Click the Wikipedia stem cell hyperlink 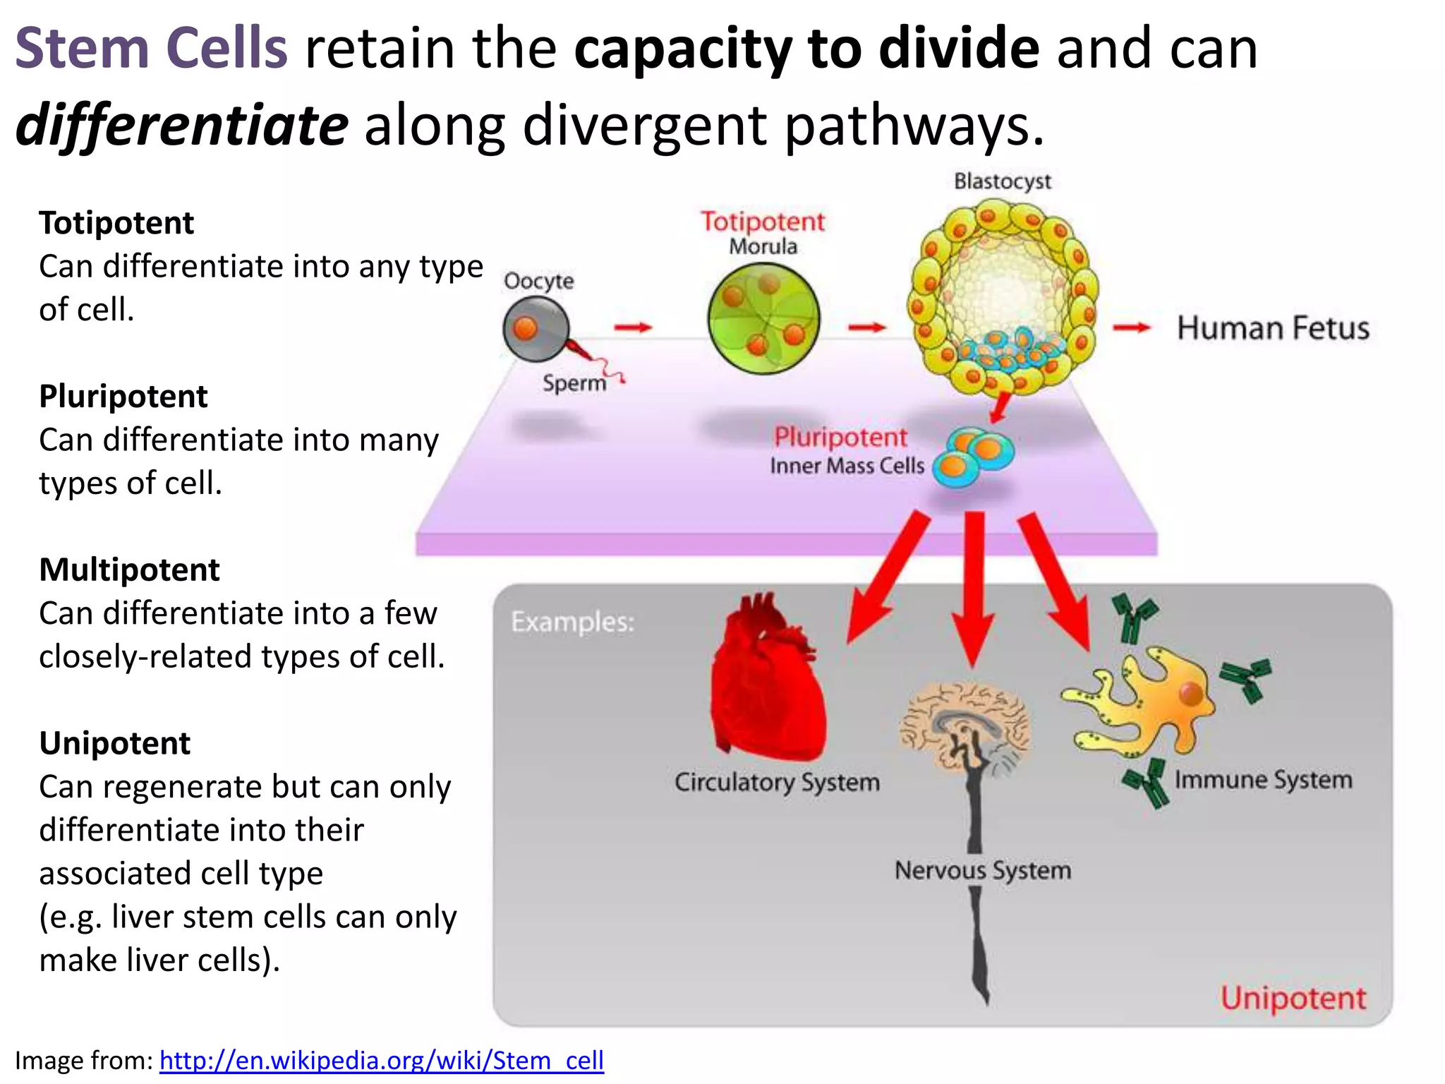(381, 1060)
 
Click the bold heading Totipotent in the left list (116, 223)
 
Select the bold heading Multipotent (129, 570)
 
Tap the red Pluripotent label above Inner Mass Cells (840, 438)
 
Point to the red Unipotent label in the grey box (1293, 998)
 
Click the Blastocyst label (1002, 181)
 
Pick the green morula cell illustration (763, 318)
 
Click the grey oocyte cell (536, 329)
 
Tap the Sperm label (574, 383)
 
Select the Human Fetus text (1273, 329)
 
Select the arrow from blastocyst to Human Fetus (1131, 327)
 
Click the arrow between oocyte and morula (633, 327)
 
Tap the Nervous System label (982, 870)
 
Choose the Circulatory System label (777, 783)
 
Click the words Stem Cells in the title (151, 48)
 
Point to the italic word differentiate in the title (181, 125)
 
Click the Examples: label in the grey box (572, 622)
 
